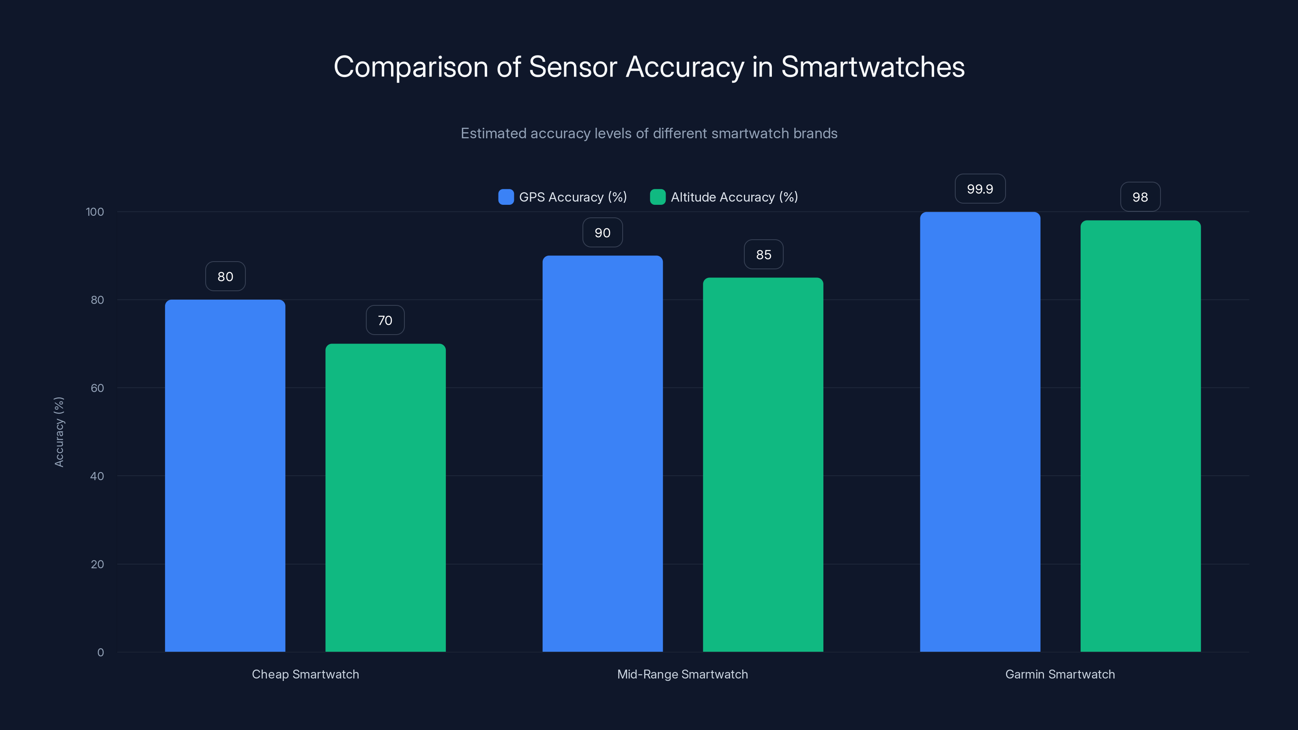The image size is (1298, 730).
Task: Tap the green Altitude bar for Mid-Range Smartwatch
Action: (x=763, y=464)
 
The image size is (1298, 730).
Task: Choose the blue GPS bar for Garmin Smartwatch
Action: (x=980, y=432)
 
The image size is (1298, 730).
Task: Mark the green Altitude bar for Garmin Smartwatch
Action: (x=1140, y=436)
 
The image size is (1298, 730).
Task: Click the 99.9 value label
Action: (x=980, y=189)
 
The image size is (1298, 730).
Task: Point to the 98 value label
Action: (x=1140, y=197)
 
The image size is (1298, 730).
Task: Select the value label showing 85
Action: (x=763, y=254)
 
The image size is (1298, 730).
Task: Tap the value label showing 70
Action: (x=385, y=320)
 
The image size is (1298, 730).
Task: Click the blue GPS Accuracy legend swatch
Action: (x=506, y=197)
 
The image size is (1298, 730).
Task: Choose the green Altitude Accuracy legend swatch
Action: (x=658, y=197)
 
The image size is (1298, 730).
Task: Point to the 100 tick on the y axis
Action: (x=95, y=212)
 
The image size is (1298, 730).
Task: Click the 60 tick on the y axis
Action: (x=97, y=388)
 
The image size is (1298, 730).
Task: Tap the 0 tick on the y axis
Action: (x=100, y=653)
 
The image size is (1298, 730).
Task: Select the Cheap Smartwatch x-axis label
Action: (x=305, y=674)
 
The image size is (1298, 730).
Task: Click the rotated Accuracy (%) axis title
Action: (x=59, y=432)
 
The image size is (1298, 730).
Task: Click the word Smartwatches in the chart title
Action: (x=873, y=67)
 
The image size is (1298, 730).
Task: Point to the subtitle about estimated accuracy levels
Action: (x=649, y=133)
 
